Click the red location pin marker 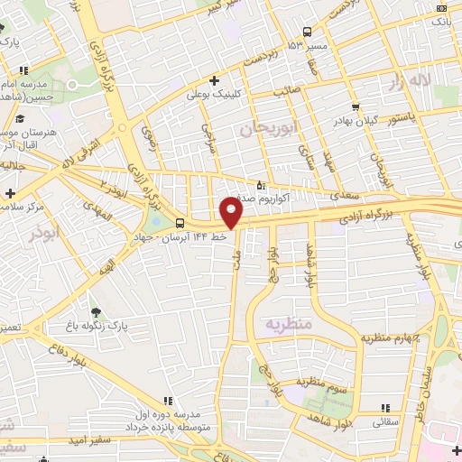click(x=232, y=213)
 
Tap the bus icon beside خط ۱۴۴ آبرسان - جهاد click(x=180, y=223)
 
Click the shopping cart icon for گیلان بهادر click(x=356, y=106)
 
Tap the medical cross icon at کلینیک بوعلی click(x=213, y=80)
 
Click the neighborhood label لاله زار click(x=407, y=83)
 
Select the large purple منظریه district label click(x=288, y=323)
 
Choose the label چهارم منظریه click(x=393, y=338)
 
